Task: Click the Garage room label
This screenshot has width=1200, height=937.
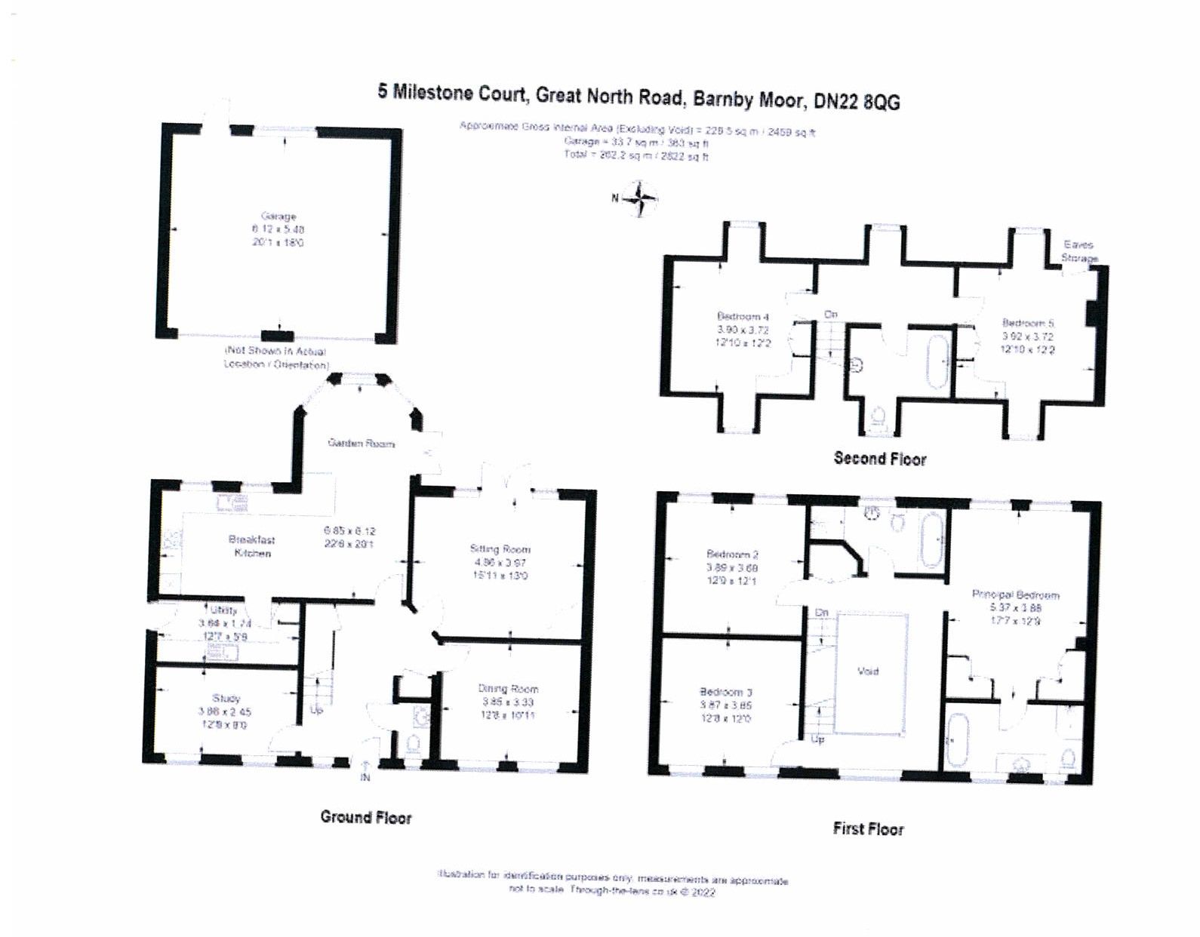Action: pos(278,217)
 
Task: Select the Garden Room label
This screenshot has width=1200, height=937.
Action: pos(361,444)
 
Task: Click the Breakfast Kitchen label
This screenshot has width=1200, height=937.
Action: pos(252,546)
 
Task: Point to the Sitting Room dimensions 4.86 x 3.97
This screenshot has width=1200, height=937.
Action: pos(500,563)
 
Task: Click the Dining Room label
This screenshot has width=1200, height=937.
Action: pos(508,689)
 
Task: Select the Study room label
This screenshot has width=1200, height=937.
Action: pos(226,699)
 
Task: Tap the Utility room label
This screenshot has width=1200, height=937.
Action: pos(224,610)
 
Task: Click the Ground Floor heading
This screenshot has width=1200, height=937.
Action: pos(366,817)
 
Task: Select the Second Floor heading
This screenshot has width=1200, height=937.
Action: pos(879,459)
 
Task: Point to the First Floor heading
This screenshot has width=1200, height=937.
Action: pos(868,829)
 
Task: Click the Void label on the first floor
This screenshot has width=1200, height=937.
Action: pos(868,671)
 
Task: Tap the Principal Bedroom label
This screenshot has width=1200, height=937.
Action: pos(1015,594)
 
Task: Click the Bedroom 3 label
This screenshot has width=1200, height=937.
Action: pos(725,692)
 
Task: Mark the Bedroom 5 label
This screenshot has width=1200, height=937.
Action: pos(1027,323)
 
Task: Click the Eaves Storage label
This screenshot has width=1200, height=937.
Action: pos(1078,251)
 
